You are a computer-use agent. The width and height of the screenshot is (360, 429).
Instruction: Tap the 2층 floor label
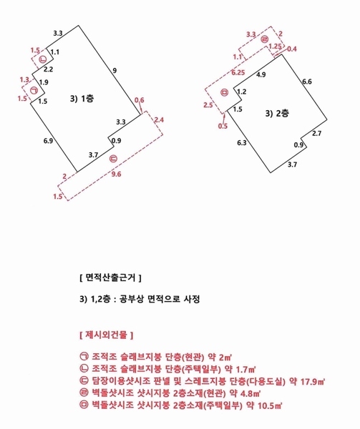(x=276, y=113)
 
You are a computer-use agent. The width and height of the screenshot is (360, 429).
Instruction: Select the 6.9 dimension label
(x=48, y=142)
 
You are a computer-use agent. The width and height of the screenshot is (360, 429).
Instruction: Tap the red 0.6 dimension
(x=140, y=99)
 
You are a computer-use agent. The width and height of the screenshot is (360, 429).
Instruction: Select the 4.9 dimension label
(x=261, y=74)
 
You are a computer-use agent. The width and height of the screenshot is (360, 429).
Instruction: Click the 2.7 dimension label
(x=317, y=134)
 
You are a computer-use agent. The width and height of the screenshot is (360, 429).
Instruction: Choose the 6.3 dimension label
(x=242, y=143)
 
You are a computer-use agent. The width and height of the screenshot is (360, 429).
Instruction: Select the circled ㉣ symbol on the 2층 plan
(x=265, y=39)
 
